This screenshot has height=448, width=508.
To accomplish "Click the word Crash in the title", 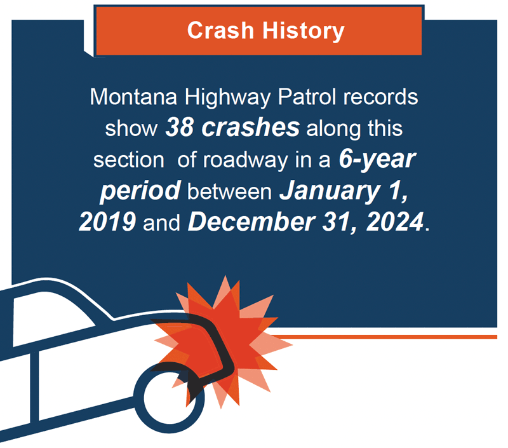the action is point(220,31).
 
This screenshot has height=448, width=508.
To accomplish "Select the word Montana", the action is point(133,97).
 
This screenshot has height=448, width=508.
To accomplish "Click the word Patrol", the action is point(307,97).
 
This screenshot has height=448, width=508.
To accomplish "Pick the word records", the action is point(380,97).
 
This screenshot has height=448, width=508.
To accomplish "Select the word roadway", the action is point(245,161).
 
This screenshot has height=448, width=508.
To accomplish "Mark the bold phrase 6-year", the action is point(377,160).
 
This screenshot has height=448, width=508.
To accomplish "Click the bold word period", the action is point(140,191).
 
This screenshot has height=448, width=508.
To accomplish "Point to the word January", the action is point(329,191).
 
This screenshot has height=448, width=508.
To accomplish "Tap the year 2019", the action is point(107,222).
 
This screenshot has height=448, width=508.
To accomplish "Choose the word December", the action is point(251,222).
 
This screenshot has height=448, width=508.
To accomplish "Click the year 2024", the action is point(394,222).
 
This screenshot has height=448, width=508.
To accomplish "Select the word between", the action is point(229,191).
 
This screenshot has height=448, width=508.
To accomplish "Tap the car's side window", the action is point(49,318).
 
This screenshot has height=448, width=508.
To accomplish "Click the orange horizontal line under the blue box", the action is point(382,337).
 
